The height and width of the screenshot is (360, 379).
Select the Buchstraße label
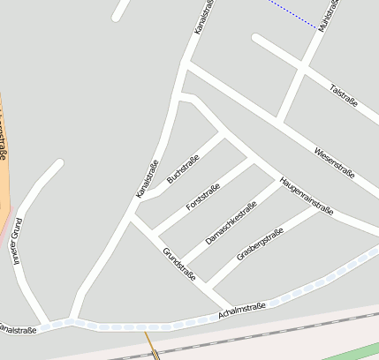[183, 169]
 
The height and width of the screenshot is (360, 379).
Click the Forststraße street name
[202, 196]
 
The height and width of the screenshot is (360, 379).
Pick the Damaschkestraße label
[231, 222]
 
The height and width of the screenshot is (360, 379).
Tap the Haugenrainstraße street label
[306, 195]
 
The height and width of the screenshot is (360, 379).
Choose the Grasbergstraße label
[260, 244]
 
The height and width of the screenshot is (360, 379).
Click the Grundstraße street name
[178, 264]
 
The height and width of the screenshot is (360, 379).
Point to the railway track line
[265, 335]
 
